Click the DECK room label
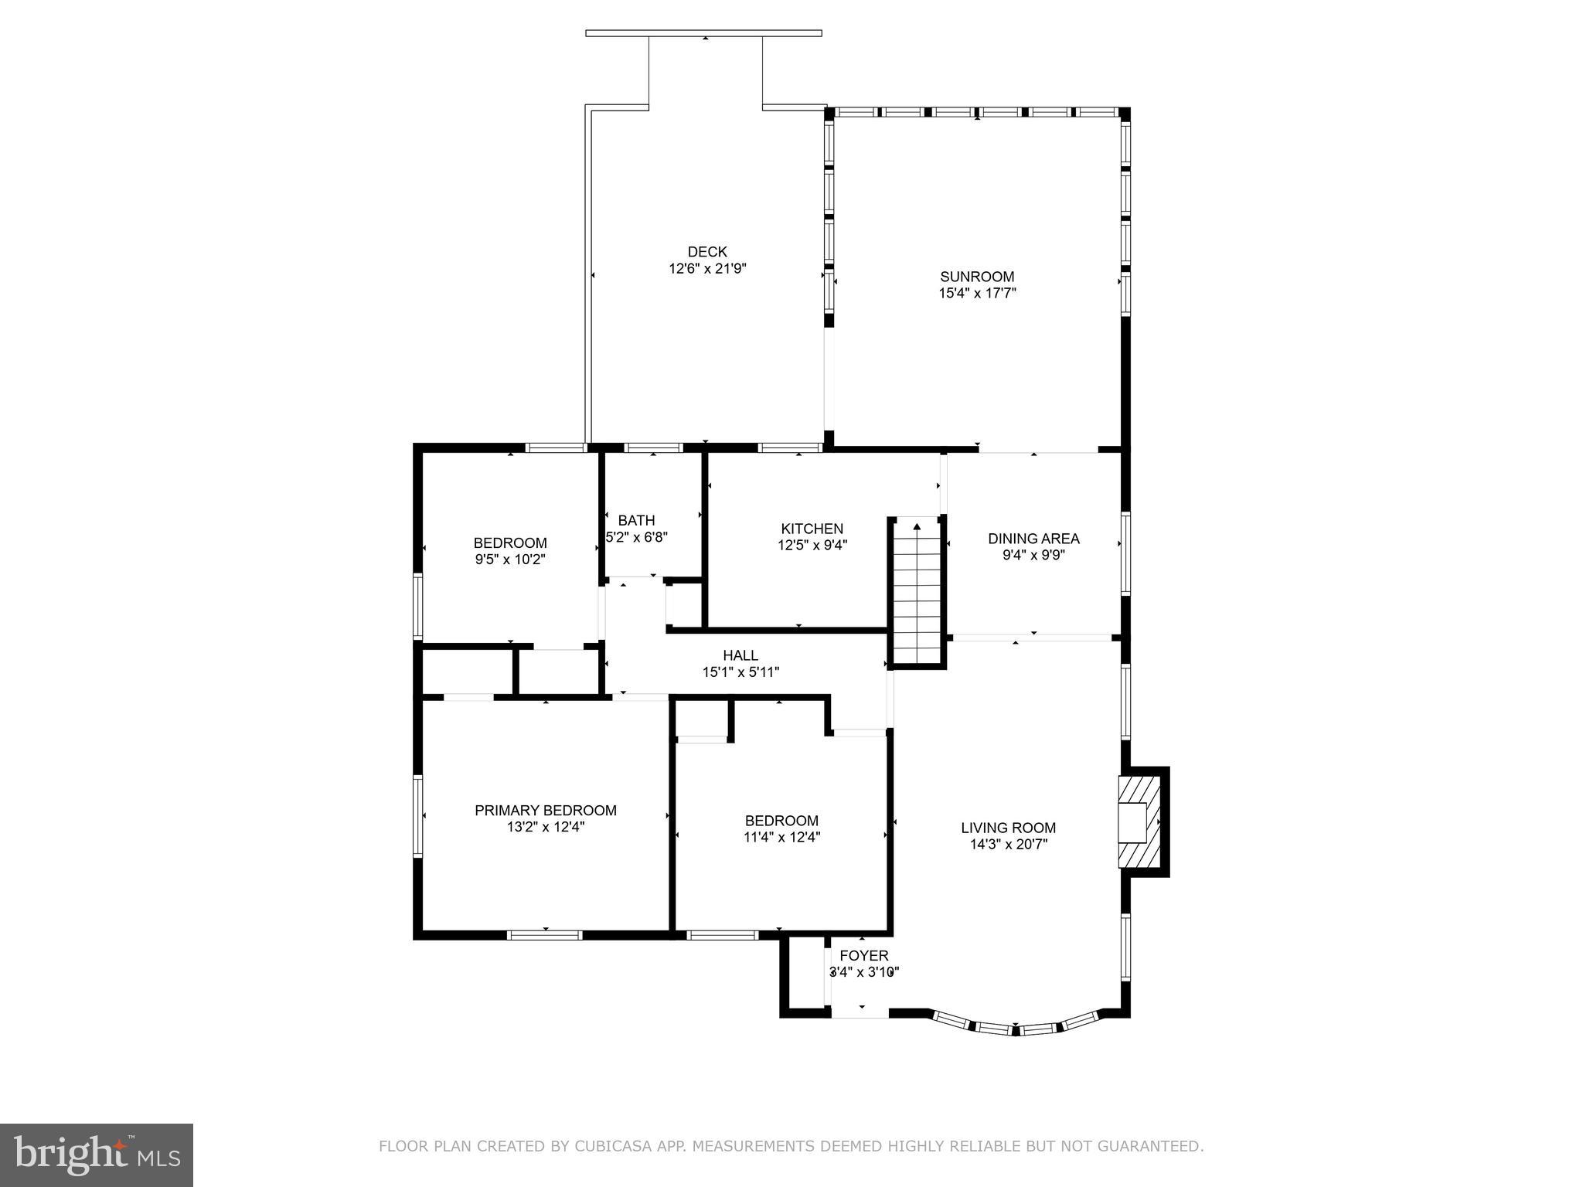[x=707, y=252]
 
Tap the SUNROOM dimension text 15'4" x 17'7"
[x=977, y=294]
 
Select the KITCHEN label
[x=812, y=529]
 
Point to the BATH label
[x=636, y=520]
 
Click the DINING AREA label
[x=1033, y=539]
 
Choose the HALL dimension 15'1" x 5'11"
[x=740, y=672]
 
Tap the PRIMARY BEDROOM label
[x=545, y=811]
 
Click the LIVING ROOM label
[x=1008, y=828]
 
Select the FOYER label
[x=863, y=956]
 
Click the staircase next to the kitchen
[x=917, y=591]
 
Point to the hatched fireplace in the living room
[x=1139, y=822]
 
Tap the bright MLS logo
[x=97, y=1155]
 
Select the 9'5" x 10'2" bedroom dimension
[x=510, y=559]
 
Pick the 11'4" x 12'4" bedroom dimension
[x=781, y=837]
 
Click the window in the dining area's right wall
[x=1125, y=553]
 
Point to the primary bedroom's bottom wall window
[x=544, y=935]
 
